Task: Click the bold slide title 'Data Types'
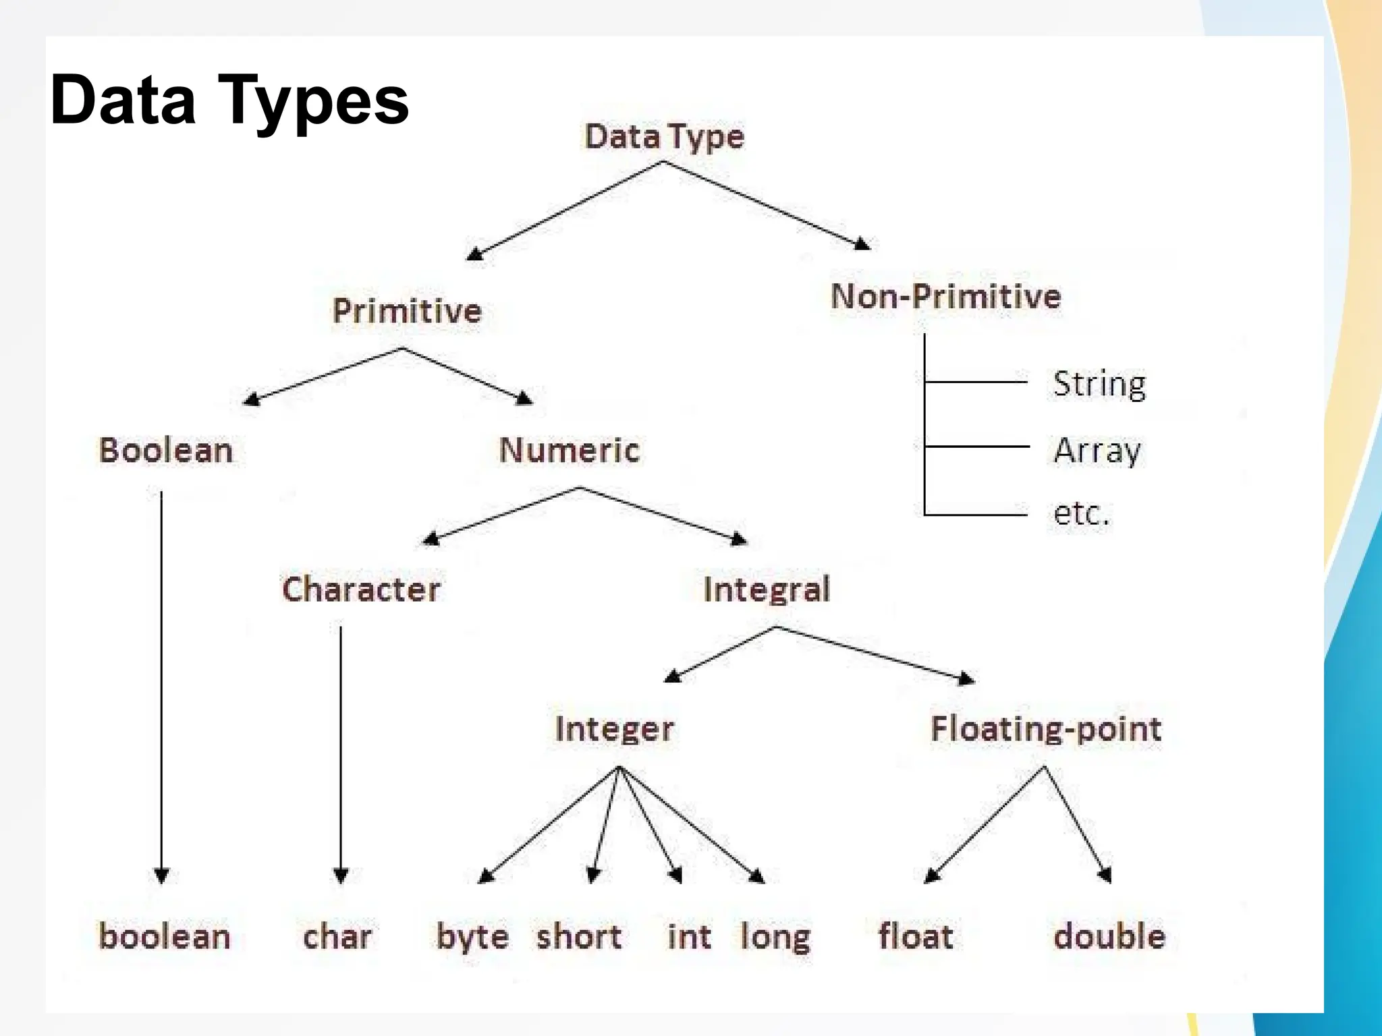[229, 101]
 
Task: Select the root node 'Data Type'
[664, 137]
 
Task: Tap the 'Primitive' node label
[407, 311]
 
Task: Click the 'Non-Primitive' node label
[945, 297]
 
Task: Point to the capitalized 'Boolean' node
[166, 450]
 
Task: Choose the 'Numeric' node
[570, 450]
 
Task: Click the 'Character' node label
[361, 589]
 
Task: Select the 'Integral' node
[767, 589]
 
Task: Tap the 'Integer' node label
[614, 729]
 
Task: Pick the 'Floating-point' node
[1046, 729]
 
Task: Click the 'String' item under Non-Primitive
[1099, 384]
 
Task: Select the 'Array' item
[1097, 450]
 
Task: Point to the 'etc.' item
[1081, 513]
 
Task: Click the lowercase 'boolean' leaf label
[165, 936]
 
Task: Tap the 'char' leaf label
[337, 936]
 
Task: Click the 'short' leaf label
[579, 936]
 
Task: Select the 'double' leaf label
[1109, 936]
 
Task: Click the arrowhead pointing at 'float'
[931, 876]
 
